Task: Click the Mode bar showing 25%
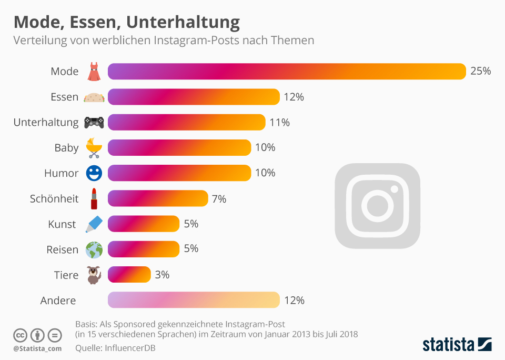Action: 287,72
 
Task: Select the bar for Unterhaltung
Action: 186,122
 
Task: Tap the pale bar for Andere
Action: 194,300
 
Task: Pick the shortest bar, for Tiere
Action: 129,274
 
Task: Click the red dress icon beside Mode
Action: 94,72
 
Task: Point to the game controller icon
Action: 94,123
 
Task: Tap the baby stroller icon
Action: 94,148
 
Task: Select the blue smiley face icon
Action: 94,173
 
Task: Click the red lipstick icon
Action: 94,198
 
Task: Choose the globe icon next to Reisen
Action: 94,249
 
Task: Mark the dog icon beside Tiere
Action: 94,275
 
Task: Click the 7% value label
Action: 219,198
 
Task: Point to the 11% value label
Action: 279,123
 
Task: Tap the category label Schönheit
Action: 54,198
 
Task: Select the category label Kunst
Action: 62,224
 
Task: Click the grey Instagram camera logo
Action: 377,206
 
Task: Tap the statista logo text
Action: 448,345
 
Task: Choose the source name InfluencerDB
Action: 130,347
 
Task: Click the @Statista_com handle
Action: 37,348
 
